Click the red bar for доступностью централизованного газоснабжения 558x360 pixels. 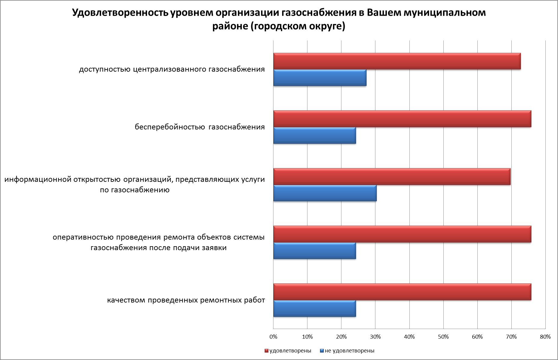(397, 61)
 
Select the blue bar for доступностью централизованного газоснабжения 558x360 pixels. (320, 78)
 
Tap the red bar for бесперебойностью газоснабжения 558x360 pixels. (402, 119)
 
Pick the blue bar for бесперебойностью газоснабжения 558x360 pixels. (314, 135)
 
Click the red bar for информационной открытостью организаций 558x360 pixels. (392, 176)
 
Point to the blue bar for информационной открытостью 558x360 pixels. (325, 193)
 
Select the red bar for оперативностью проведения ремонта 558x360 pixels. (402, 234)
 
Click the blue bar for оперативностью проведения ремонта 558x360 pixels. (314, 251)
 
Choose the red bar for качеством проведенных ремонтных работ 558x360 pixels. (402, 292)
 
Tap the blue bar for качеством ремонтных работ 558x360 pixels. (314, 309)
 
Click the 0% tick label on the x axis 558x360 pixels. (273, 337)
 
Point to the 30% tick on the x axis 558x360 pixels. (375, 337)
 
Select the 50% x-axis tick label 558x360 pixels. (443, 337)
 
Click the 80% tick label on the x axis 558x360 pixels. (545, 337)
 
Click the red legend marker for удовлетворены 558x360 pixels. (267, 351)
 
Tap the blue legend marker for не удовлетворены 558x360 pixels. (322, 351)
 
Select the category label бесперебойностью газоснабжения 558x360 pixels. (200, 127)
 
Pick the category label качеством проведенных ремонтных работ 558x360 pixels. (186, 300)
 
